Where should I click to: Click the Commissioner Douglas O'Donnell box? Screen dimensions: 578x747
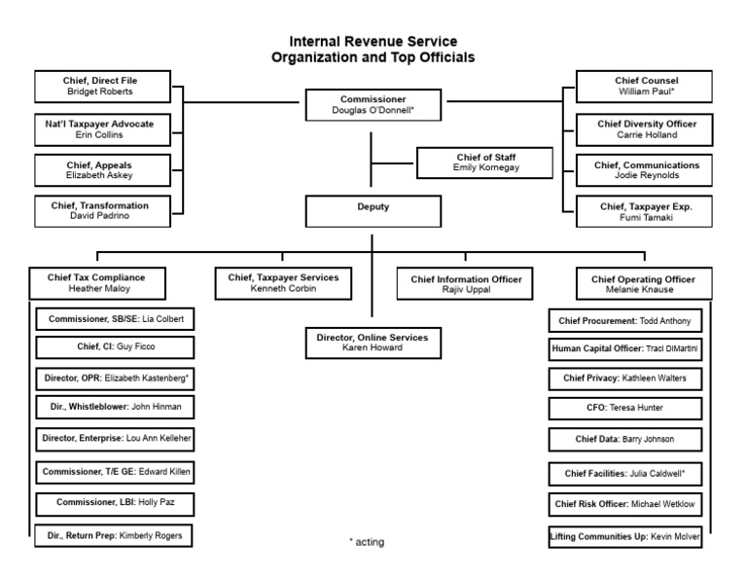coord(373,105)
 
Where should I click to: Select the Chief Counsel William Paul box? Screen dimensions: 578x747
coord(646,86)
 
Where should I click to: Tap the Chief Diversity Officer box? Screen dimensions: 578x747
coord(646,129)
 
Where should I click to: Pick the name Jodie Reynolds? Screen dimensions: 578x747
coord(646,176)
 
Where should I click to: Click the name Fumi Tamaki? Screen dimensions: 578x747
coord(646,218)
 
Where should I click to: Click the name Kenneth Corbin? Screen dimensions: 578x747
coord(283,289)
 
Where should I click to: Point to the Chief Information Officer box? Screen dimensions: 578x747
coord(465,283)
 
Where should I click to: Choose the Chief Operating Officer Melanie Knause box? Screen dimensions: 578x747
coord(643,283)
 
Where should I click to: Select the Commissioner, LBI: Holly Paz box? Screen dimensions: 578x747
coord(115,503)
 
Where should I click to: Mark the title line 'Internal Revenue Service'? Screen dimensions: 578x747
coord(373,43)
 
